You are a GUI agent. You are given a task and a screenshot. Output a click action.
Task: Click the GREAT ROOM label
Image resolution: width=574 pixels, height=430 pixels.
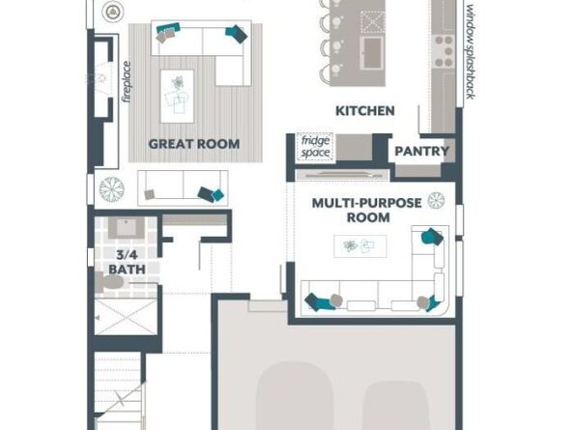[194, 144]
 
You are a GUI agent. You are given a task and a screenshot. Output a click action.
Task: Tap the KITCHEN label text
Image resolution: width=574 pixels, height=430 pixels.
[365, 111]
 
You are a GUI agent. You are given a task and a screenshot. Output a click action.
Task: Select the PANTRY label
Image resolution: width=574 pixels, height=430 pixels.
[421, 151]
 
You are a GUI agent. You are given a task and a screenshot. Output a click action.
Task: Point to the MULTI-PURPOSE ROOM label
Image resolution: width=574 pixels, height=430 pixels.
[367, 210]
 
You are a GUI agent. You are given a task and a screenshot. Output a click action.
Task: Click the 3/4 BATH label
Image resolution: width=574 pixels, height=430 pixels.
[127, 262]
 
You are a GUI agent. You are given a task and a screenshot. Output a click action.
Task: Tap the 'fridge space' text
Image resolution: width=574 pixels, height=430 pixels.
[315, 147]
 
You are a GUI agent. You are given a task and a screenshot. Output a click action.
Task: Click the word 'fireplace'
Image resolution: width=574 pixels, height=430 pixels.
[127, 82]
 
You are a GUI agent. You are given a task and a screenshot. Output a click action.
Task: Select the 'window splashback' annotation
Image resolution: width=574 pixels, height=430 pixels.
[471, 51]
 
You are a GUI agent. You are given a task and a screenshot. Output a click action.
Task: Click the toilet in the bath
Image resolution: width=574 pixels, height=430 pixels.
[109, 282]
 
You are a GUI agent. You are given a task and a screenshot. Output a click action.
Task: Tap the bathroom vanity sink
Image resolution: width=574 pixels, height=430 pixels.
[127, 228]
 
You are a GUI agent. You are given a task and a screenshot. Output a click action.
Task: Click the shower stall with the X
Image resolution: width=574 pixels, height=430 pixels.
[126, 317]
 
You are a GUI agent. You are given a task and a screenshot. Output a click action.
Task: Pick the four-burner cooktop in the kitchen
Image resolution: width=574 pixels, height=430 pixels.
[443, 51]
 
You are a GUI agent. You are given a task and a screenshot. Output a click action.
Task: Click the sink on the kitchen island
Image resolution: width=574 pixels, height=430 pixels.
[372, 53]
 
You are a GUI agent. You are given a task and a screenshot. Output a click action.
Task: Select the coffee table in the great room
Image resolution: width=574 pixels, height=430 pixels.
[177, 97]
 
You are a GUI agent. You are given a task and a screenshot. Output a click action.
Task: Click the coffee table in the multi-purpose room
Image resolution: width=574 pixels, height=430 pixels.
[359, 246]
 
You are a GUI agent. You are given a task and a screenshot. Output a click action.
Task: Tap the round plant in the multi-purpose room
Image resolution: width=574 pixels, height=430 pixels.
[437, 201]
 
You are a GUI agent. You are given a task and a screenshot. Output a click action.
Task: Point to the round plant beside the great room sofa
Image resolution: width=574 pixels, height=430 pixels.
[112, 189]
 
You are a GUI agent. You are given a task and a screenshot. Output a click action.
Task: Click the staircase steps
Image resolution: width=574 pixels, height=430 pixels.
[118, 390]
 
